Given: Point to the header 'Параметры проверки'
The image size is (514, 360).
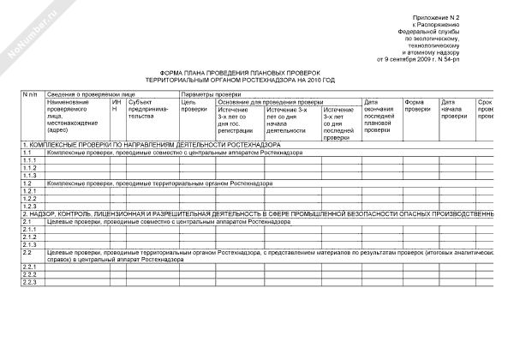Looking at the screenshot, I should pos(211,93).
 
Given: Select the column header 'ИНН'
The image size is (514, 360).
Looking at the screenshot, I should pos(115,105).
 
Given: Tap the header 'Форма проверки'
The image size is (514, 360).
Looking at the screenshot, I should pos(418,105).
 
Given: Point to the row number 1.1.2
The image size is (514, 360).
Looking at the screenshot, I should pos(30,168).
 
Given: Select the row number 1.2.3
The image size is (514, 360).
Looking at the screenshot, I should pos(30,206).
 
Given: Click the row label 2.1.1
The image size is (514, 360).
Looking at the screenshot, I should pos(30,229).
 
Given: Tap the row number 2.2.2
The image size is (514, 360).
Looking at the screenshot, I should pos(30,274).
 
